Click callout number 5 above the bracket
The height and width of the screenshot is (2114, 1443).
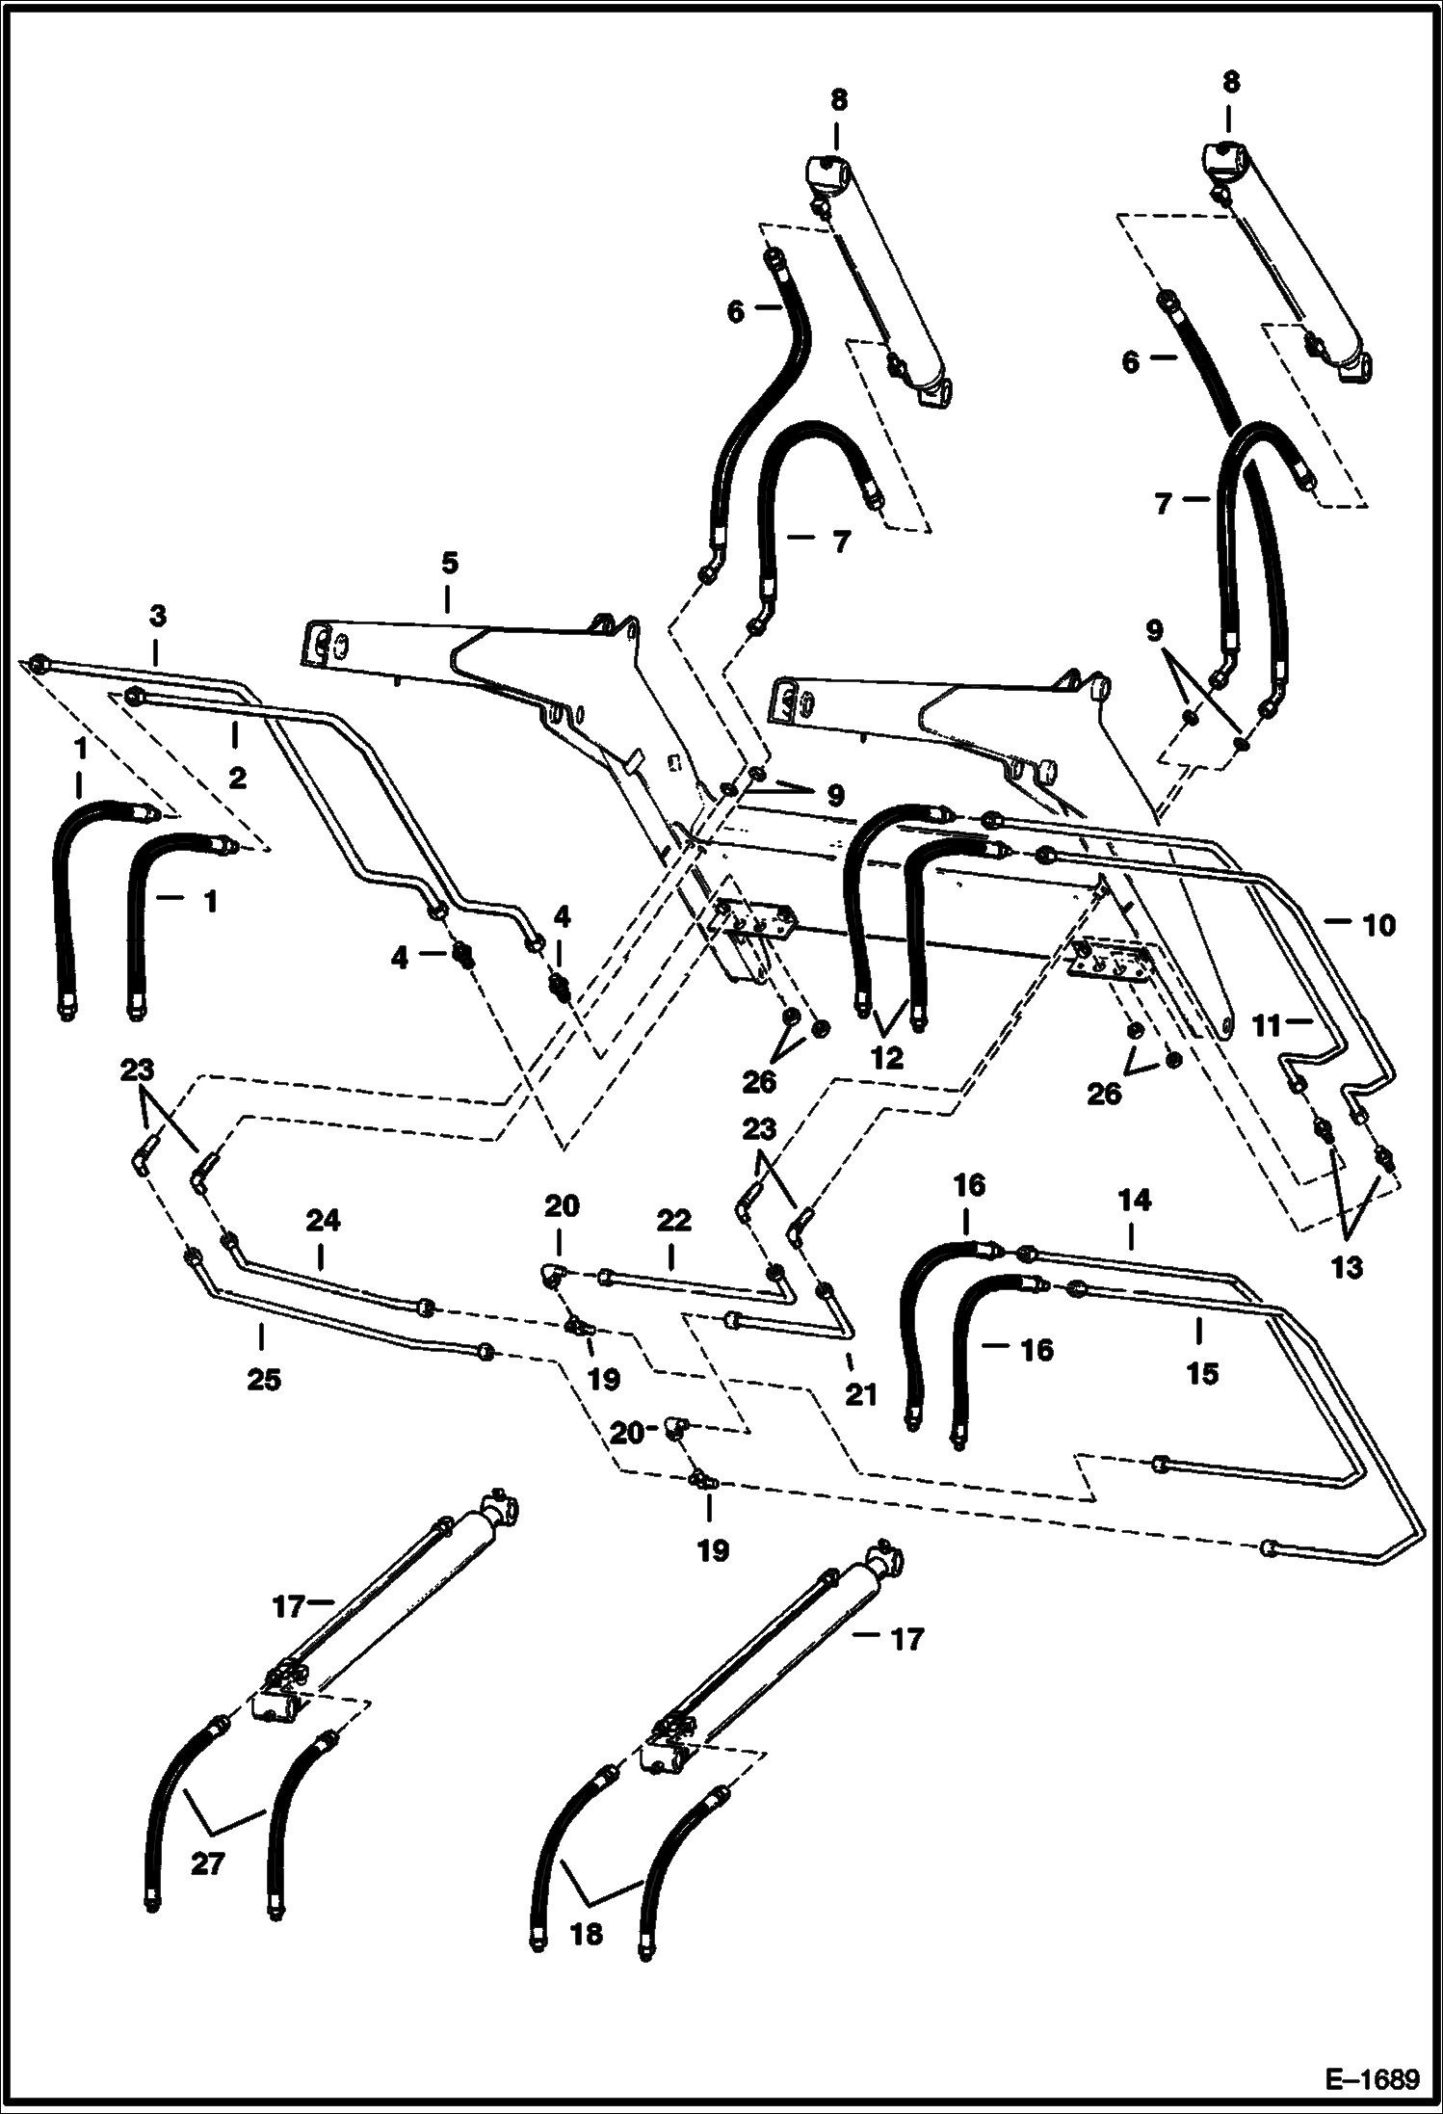click(449, 563)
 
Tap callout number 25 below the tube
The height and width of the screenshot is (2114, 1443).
click(263, 1380)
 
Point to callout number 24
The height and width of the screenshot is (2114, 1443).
click(323, 1221)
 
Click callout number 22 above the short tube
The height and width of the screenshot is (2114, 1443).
click(673, 1221)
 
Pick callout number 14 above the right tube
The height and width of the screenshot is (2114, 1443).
click(1135, 1201)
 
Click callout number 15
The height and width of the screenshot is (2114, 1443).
click(1202, 1372)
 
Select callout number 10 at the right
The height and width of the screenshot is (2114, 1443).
click(1378, 925)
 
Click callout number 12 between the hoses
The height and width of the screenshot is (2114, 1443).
click(886, 1058)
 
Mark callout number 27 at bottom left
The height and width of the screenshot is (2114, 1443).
click(206, 1890)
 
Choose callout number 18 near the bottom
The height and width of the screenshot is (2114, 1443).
click(586, 1960)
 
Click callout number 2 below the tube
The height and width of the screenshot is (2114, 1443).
click(237, 777)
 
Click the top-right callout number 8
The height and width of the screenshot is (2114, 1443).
click(1230, 83)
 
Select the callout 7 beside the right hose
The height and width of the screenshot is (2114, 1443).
click(1164, 504)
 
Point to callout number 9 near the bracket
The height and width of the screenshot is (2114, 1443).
click(834, 795)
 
